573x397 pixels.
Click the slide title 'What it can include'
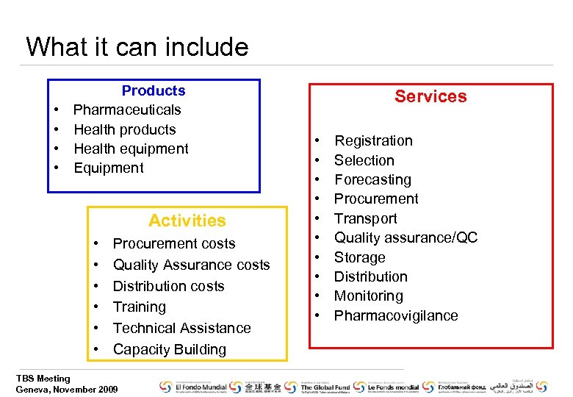pyautogui.click(x=137, y=47)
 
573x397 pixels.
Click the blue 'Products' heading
pyautogui.click(x=154, y=90)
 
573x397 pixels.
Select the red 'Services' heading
pyautogui.click(x=430, y=96)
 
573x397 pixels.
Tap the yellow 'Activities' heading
pyautogui.click(x=187, y=221)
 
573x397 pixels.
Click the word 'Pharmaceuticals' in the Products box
pyautogui.click(x=127, y=110)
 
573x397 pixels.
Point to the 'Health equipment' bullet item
pyautogui.click(x=131, y=149)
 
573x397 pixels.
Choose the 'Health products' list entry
pyautogui.click(x=125, y=129)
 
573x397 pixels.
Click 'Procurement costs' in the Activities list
pyautogui.click(x=174, y=243)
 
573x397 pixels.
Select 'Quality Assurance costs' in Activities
pyautogui.click(x=191, y=265)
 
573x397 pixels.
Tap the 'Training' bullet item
pyautogui.click(x=140, y=307)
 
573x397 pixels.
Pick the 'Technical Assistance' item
pyautogui.click(x=181, y=328)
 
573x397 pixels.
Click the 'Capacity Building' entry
pyautogui.click(x=170, y=349)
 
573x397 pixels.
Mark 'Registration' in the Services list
pyautogui.click(x=373, y=140)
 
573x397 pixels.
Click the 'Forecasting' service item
pyautogui.click(x=372, y=179)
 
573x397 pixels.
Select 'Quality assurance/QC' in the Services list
pyautogui.click(x=406, y=237)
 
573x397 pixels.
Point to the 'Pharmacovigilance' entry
pyautogui.click(x=396, y=315)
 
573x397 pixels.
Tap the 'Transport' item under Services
pyautogui.click(x=365, y=218)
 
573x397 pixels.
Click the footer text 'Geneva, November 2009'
pyautogui.click(x=67, y=389)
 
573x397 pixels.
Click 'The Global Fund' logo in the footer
pyautogui.click(x=324, y=387)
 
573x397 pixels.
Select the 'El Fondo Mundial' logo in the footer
pyautogui.click(x=192, y=387)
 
